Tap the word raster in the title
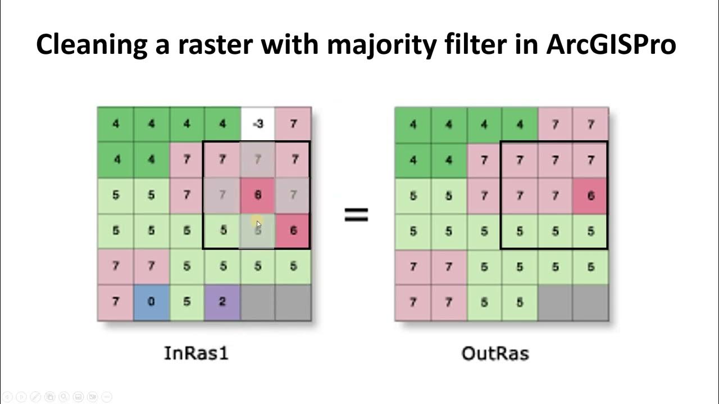215,44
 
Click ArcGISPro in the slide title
611,44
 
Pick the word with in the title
289,44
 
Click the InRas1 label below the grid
196,353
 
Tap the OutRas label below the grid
495,353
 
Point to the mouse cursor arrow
258,224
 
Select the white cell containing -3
258,124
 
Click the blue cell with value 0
151,302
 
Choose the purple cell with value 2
222,302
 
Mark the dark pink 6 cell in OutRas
590,195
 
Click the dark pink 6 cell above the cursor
258,195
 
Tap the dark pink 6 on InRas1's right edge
293,231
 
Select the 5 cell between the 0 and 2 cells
186,302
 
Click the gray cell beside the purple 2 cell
258,302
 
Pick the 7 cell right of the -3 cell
293,124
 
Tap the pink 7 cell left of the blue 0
115,302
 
